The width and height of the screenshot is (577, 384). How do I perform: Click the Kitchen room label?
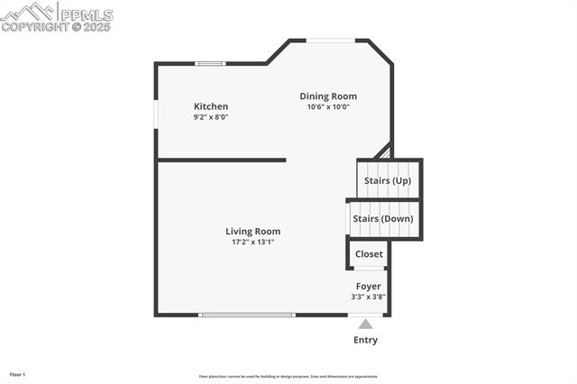tap(211, 106)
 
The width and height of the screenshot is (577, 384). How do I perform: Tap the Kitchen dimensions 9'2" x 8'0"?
tap(211, 117)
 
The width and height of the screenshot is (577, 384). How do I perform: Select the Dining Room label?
tap(328, 96)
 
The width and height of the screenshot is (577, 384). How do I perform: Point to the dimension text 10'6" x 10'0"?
tap(328, 107)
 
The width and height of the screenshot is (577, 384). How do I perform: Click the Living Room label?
tap(252, 232)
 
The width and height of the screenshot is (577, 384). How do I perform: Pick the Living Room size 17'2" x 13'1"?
tap(252, 242)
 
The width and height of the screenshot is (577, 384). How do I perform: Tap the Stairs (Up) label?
tap(388, 181)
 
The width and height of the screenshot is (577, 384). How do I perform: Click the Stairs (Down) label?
tap(383, 219)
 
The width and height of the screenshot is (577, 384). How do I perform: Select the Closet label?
tap(369, 254)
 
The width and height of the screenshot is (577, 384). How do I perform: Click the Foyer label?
tap(368, 287)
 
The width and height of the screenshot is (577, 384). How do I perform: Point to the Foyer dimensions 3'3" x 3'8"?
tap(368, 297)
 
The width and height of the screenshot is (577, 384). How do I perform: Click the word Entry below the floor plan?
tap(365, 341)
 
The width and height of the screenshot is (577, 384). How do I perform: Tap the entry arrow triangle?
tap(365, 324)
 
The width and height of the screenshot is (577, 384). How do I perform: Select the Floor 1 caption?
tap(17, 374)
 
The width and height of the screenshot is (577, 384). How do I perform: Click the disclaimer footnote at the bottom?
tap(288, 377)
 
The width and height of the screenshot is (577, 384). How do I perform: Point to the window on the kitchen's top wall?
tap(211, 63)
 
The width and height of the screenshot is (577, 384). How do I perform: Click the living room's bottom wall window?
tap(246, 315)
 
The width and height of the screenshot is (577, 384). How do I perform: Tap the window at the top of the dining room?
tap(330, 40)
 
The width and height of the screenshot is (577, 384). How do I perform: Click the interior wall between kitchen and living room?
tap(222, 160)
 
